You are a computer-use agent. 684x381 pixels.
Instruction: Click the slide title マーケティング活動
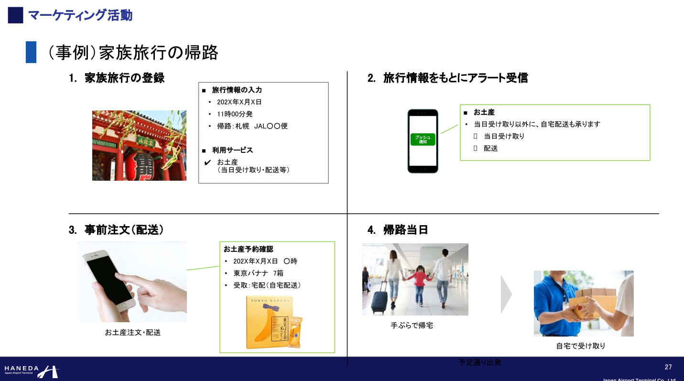click(80, 15)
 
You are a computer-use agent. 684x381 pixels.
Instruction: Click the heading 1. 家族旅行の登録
click(117, 78)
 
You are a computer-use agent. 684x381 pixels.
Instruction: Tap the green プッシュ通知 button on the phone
click(423, 140)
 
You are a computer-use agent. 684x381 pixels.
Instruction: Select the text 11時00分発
click(235, 114)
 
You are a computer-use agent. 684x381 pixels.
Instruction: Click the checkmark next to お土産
click(207, 163)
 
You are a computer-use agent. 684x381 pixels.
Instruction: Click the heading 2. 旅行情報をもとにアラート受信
click(447, 78)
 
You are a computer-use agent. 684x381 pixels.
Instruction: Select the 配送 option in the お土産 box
click(490, 148)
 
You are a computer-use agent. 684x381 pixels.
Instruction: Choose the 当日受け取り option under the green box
click(504, 136)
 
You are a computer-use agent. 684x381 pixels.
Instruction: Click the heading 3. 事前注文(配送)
click(116, 230)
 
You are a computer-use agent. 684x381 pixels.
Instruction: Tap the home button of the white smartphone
click(126, 305)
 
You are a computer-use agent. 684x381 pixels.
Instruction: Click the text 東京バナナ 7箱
click(258, 273)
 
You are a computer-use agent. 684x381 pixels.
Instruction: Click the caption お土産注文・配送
click(133, 332)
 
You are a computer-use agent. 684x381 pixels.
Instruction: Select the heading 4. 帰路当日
click(398, 230)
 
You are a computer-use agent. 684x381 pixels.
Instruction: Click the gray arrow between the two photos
click(506, 294)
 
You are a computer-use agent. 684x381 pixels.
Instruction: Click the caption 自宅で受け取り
click(581, 346)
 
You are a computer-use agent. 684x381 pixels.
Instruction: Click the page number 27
click(668, 367)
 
